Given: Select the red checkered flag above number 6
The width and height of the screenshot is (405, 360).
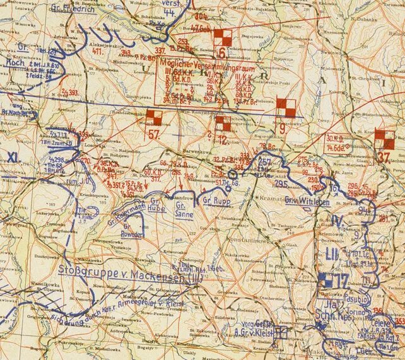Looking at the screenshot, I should (222, 37).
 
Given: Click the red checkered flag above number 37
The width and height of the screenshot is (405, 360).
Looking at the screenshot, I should (384, 138).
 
